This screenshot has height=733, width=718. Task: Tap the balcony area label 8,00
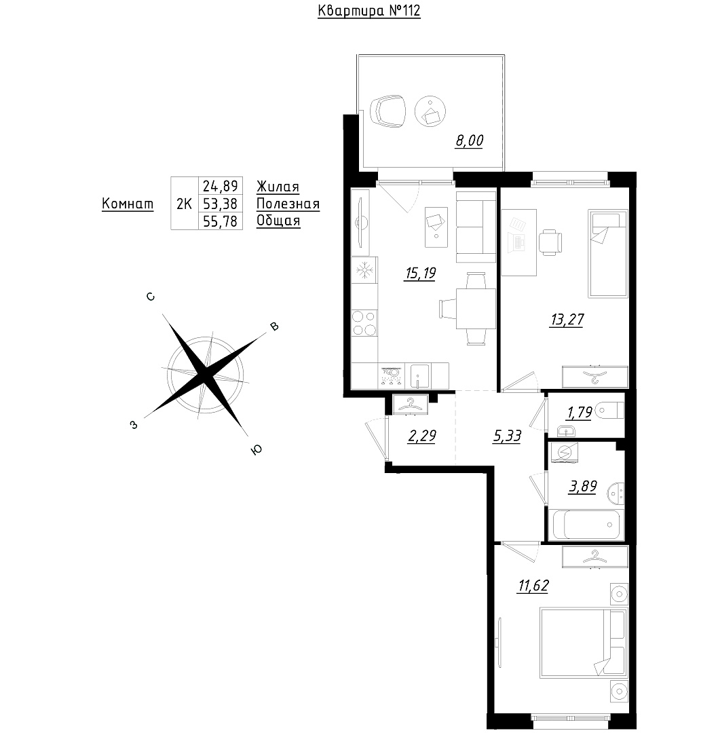tap(470, 140)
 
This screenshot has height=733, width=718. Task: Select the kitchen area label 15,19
tap(420, 273)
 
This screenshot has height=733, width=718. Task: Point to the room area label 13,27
tap(567, 320)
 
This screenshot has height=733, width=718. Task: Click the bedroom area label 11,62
tap(533, 586)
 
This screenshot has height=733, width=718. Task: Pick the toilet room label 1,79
tap(580, 413)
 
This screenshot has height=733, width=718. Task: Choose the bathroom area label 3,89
tap(582, 487)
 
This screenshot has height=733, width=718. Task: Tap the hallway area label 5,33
tap(507, 436)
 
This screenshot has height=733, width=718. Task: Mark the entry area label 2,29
tap(421, 436)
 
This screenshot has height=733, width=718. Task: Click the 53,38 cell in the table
tap(220, 204)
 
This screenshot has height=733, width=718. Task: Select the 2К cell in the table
tap(184, 204)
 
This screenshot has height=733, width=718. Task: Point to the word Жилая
tap(278, 187)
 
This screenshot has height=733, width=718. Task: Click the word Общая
tap(278, 221)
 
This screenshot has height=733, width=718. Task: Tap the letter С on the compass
tap(151, 297)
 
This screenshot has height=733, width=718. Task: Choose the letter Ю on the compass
tap(256, 450)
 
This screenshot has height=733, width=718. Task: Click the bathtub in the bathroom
tap(586, 525)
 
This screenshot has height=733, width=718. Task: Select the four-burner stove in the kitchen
tap(364, 323)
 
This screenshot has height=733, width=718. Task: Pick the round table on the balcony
tap(430, 112)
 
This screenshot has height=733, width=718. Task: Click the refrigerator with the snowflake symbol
tap(364, 270)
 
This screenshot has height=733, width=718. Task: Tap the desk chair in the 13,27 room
tap(550, 242)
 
